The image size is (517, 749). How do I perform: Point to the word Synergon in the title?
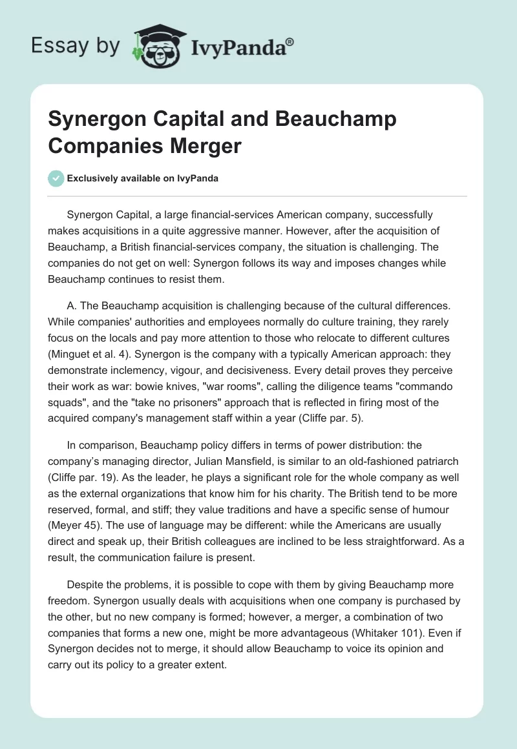[89, 119]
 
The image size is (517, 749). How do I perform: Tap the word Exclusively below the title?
[92, 179]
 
